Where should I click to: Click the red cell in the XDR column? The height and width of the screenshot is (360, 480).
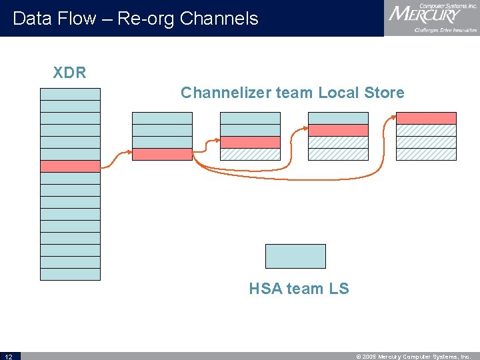[x=70, y=167]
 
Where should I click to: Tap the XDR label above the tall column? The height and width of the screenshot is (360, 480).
[x=70, y=72]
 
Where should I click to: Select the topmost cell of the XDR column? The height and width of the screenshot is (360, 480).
[x=70, y=94]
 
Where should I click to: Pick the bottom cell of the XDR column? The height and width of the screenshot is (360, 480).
[x=70, y=274]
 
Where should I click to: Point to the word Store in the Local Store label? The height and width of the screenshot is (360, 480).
[x=384, y=93]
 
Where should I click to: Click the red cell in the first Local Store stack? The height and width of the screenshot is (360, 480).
[x=162, y=154]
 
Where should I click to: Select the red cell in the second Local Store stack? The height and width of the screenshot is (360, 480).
[x=250, y=142]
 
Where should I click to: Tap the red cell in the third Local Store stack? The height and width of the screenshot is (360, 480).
[x=338, y=130]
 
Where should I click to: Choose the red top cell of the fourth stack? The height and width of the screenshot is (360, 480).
[x=426, y=118]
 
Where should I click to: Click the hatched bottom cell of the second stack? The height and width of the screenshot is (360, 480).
[x=250, y=154]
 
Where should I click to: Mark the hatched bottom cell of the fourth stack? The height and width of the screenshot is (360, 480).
[x=426, y=154]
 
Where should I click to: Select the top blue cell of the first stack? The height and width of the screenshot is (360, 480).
[x=162, y=118]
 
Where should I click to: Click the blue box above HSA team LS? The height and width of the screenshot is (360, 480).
[x=295, y=256]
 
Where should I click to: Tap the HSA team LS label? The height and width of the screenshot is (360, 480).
[x=299, y=289]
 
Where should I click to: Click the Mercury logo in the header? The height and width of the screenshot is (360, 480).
[x=431, y=18]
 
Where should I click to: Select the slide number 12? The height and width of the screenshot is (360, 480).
[x=8, y=357]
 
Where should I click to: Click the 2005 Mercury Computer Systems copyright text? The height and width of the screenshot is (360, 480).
[x=413, y=357]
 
